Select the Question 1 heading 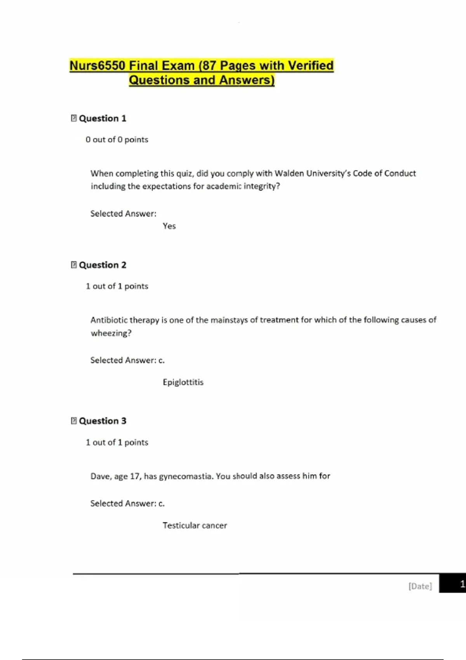pos(103,118)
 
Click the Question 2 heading pos(103,265)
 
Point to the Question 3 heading pos(103,421)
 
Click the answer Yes pos(169,226)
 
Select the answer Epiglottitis pos(183,382)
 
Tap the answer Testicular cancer pos(195,525)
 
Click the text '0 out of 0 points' pos(117,139)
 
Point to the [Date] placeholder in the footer pos(420,586)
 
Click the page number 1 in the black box pos(462,584)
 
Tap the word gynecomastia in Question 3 pos(186,476)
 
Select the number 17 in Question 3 pos(135,476)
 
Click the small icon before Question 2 pos(74,265)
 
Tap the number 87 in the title pos(209,66)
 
